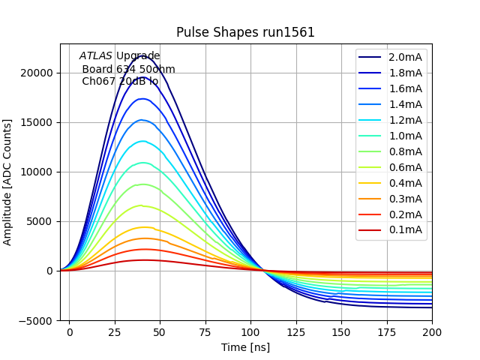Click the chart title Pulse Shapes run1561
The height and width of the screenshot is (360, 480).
245,32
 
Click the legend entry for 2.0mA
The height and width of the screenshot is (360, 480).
405,57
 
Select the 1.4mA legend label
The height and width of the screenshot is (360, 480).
405,104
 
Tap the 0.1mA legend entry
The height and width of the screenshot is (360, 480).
405,229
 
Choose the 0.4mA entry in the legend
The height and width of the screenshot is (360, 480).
405,183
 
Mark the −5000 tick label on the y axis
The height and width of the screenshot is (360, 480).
34,320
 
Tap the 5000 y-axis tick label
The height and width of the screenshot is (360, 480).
38,221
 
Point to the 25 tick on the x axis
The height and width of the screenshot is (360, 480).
115,331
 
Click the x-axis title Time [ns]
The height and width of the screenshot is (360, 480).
245,347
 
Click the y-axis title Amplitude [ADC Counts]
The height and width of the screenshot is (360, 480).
8,181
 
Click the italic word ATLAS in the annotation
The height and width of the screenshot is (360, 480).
96,55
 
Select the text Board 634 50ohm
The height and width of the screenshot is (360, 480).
128,69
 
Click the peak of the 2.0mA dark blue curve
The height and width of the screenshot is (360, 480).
142,55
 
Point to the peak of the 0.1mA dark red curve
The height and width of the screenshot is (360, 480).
142,260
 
